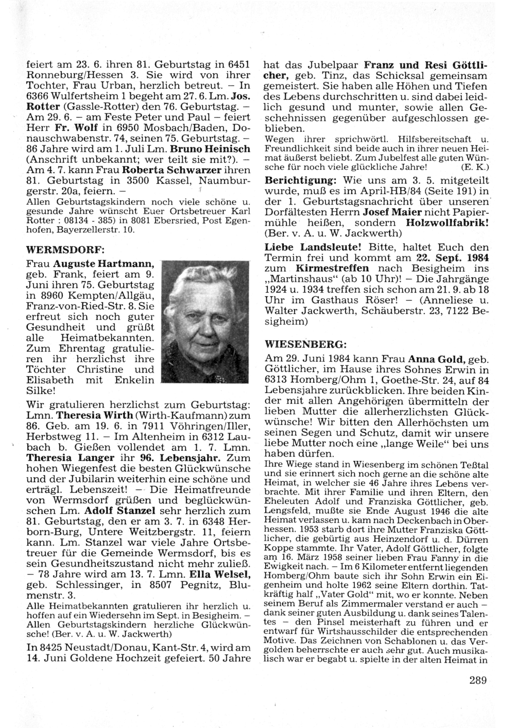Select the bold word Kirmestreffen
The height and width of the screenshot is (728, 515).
point(333,268)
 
